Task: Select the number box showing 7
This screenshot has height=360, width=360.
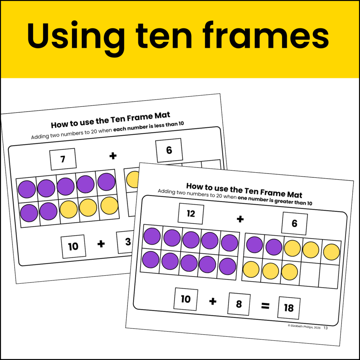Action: point(63,159)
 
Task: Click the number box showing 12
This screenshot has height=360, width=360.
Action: point(191,214)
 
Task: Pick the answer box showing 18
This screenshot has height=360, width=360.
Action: point(289,308)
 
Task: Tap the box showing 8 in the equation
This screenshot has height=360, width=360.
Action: point(239,304)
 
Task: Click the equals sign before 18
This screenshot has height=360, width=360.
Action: point(265,306)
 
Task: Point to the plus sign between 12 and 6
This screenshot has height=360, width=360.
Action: point(240,219)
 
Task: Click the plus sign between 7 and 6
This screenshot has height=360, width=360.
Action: point(113,156)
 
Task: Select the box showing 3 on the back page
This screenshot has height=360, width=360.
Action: point(126,242)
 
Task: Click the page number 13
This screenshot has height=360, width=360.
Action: point(326,328)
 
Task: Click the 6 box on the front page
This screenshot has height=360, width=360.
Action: point(295,223)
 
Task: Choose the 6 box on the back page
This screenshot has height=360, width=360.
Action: point(169,150)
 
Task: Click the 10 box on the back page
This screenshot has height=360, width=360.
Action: point(73,246)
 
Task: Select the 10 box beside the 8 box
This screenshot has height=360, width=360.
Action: point(186,299)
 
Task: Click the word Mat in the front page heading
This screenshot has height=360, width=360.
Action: point(295,194)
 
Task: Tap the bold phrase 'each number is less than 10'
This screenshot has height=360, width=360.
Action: point(149,127)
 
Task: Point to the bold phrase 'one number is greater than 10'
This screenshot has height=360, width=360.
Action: point(275,201)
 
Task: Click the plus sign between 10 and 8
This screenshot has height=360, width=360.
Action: point(213,301)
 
